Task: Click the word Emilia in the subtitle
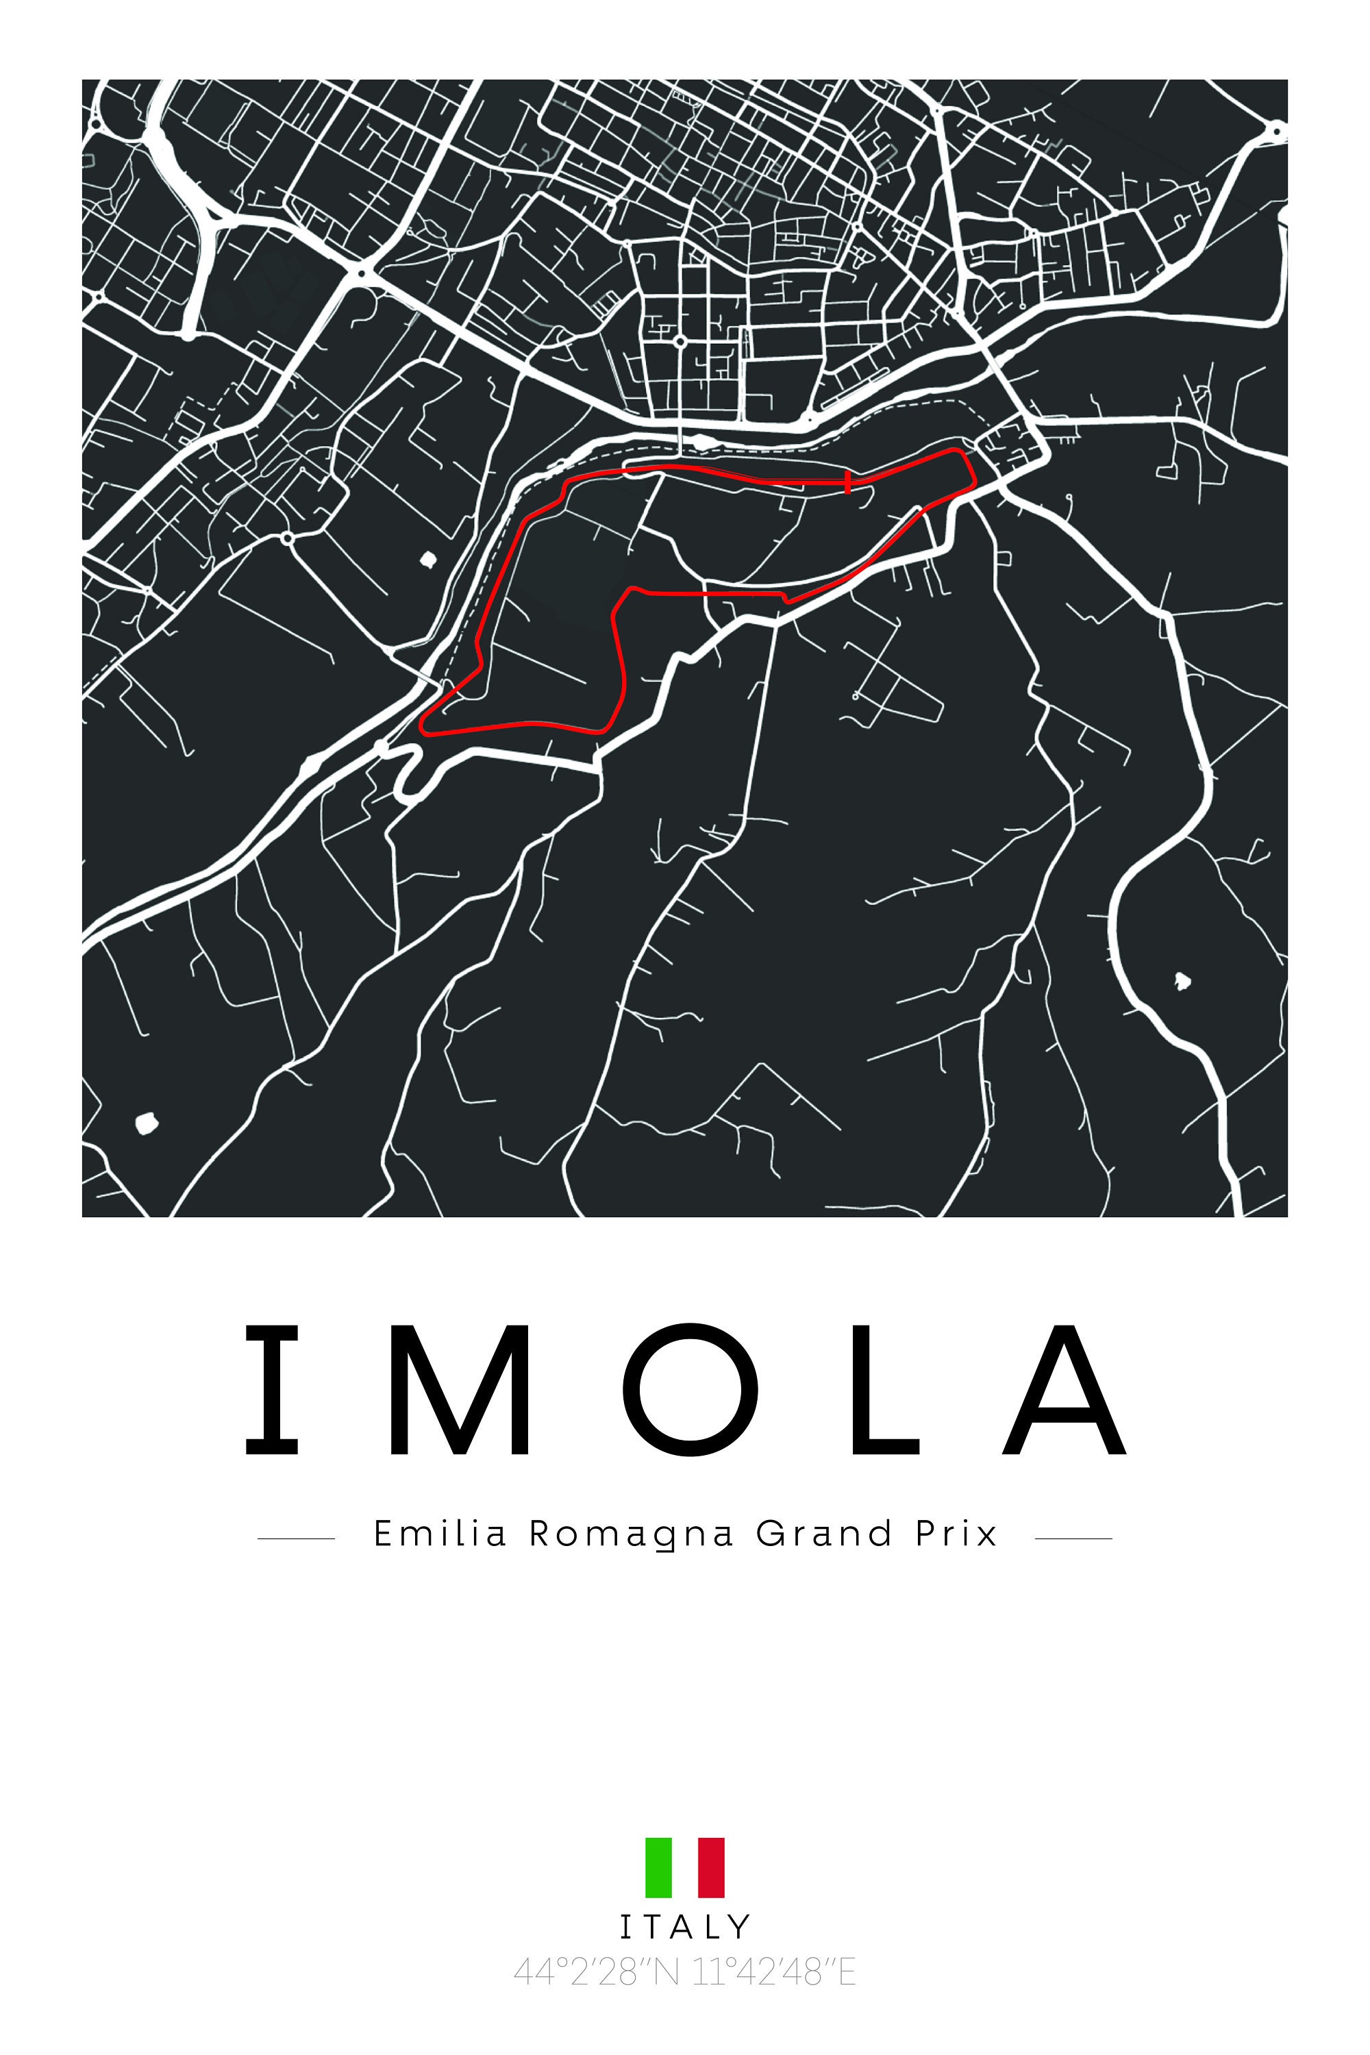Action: [x=440, y=1534]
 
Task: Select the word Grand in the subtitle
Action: [x=824, y=1534]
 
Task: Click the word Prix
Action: [x=956, y=1534]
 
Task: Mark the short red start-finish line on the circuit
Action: [x=847, y=482]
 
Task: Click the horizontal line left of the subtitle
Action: [x=296, y=1538]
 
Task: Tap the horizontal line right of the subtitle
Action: [x=1073, y=1538]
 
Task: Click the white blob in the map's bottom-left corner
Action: [x=146, y=1123]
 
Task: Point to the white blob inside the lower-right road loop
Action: [x=1181, y=980]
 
